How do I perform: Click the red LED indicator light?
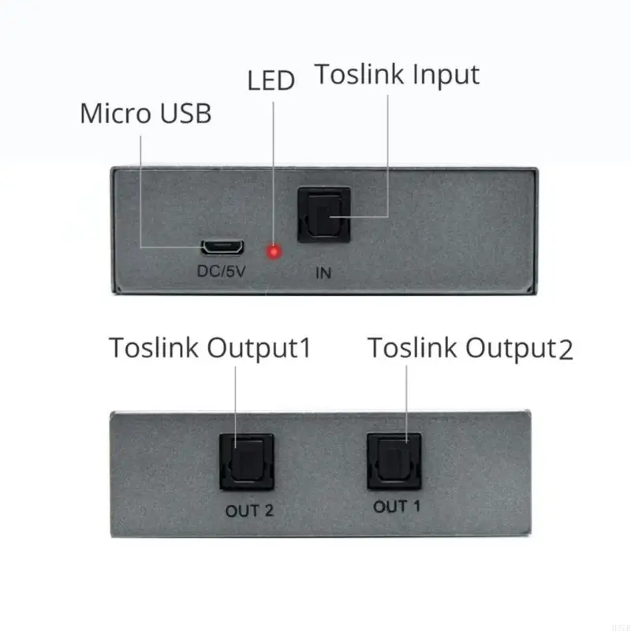(274, 252)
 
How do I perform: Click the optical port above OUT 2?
(247, 462)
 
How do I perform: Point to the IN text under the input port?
(323, 274)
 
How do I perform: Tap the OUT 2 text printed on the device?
(249, 510)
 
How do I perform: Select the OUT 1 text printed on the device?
(397, 507)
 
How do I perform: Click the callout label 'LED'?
(271, 81)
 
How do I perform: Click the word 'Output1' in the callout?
(259, 348)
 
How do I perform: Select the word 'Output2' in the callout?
(518, 348)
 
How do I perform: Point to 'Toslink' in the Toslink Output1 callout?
(154, 348)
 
